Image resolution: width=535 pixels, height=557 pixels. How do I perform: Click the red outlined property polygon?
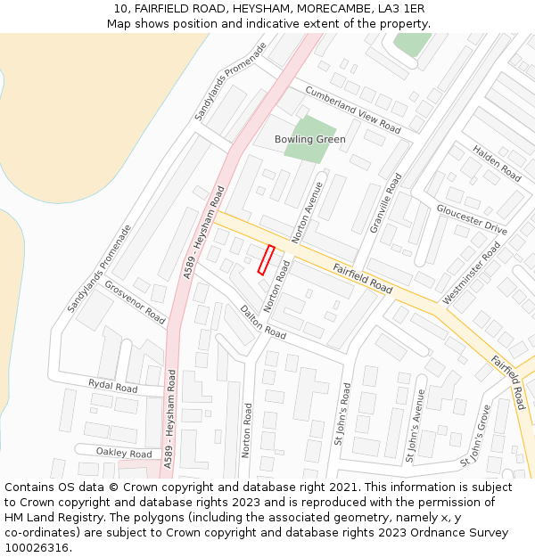point(266,259)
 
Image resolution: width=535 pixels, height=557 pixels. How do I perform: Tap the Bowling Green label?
point(309,140)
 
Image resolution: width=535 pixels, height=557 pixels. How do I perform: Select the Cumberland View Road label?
point(352,109)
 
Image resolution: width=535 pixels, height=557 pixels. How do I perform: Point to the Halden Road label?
point(497,163)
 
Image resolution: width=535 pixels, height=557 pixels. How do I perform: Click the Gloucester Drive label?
point(472,219)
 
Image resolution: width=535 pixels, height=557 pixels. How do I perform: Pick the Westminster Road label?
point(472,273)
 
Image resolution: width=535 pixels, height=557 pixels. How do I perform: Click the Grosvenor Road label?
point(135,303)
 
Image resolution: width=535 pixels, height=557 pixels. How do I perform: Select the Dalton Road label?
point(263,322)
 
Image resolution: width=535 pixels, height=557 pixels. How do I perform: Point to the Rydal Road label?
point(112,387)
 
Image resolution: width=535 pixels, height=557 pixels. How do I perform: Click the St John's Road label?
point(342,414)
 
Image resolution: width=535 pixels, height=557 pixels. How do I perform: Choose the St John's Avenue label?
point(416,425)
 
